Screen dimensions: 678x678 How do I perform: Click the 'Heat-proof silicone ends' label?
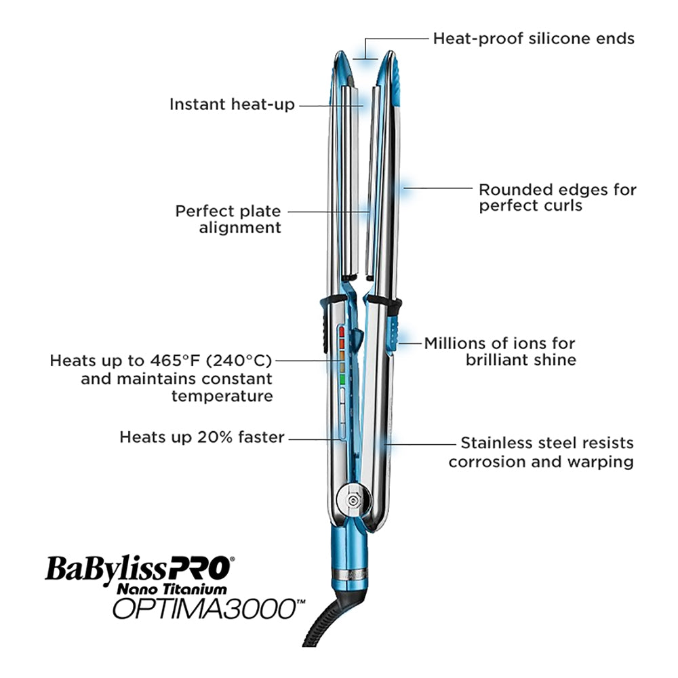click(534, 38)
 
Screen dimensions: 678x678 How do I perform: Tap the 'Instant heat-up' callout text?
click(232, 104)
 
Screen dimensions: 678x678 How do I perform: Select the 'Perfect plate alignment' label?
click(228, 220)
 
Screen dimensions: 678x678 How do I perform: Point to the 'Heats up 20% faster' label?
click(202, 437)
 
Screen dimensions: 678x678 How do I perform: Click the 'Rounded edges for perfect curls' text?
click(557, 197)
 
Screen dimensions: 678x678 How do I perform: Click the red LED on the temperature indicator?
click(343, 332)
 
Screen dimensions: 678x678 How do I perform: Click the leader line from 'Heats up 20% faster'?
click(315, 438)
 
